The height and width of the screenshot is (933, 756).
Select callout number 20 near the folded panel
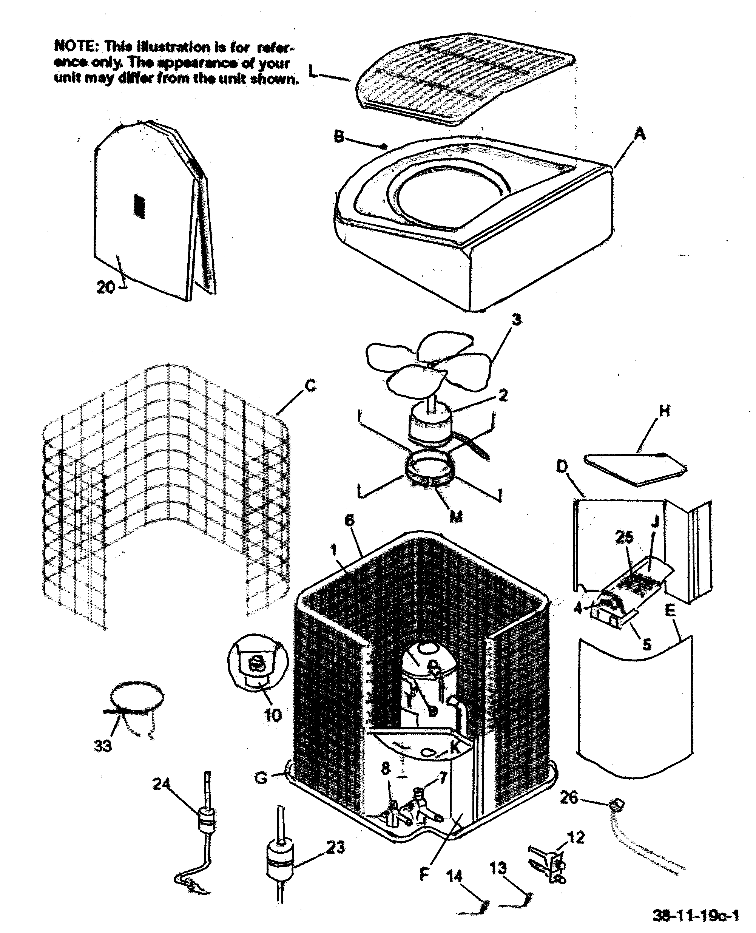105,287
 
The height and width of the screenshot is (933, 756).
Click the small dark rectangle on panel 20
139,205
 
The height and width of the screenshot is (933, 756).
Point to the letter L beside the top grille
313,71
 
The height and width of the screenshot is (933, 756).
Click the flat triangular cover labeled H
635,469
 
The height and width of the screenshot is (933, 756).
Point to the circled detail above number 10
258,666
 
